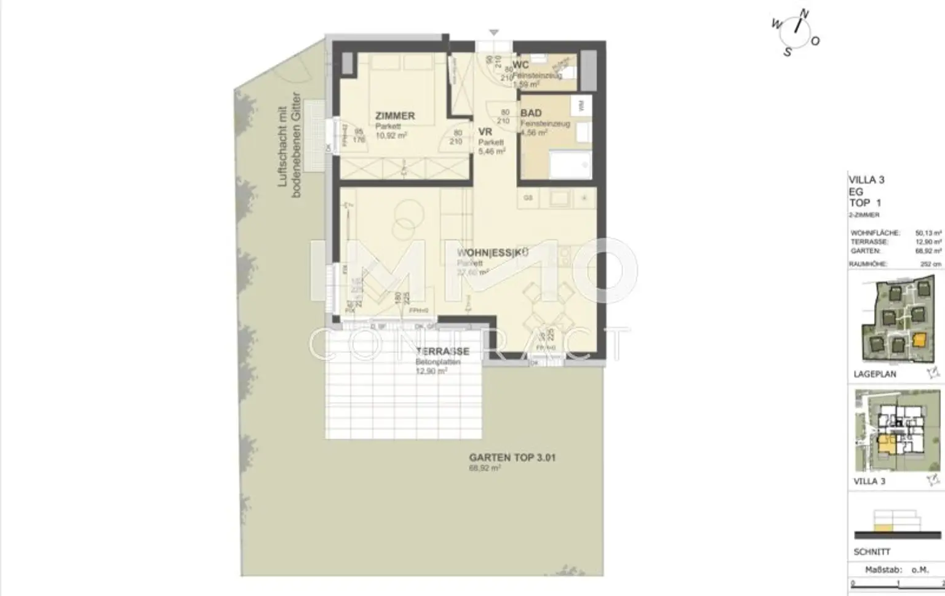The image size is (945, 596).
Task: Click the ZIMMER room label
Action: tap(395, 116)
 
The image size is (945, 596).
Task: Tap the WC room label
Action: tap(520, 65)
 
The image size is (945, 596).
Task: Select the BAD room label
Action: tap(531, 113)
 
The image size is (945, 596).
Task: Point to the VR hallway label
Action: tap(485, 131)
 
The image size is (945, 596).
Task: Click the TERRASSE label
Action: tap(442, 352)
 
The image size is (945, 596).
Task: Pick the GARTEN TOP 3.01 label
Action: tap(512, 458)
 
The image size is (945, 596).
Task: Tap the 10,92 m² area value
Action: tap(391, 135)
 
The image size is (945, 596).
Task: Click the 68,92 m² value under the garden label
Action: tap(484, 469)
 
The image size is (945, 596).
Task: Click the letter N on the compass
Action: tap(805, 14)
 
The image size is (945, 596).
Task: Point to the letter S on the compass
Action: tap(787, 52)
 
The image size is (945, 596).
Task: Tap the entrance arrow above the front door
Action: tap(493, 33)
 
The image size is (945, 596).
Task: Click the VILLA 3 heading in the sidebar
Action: tap(866, 180)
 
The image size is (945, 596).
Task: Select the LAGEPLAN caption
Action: tap(875, 374)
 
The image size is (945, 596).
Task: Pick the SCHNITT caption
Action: tap(872, 552)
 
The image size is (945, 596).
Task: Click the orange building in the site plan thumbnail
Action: tap(919, 340)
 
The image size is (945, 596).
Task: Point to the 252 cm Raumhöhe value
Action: tap(930, 264)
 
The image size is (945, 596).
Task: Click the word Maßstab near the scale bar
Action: tap(879, 570)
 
